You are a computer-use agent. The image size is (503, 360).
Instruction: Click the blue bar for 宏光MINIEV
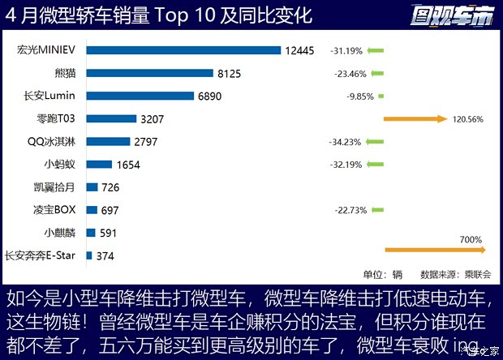pyautogui.click(x=183, y=50)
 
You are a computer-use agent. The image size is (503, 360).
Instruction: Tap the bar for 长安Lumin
pyautogui.click(x=139, y=96)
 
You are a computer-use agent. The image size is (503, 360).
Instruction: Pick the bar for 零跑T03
pyautogui.click(x=110, y=118)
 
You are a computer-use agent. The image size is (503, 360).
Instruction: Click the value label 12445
pyautogui.click(x=299, y=50)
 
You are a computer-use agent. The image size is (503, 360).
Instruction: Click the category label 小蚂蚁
pyautogui.click(x=60, y=165)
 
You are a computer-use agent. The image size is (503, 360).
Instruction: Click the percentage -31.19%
pyautogui.click(x=346, y=50)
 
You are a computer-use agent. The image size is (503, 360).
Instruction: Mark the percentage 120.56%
pyautogui.click(x=467, y=119)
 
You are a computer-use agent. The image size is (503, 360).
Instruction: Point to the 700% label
pyautogui.click(x=471, y=240)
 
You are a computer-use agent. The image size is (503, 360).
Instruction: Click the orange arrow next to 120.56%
pyautogui.click(x=415, y=119)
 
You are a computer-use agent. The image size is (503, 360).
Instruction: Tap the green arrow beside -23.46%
pyautogui.click(x=375, y=73)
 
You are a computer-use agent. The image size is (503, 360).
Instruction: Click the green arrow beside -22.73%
pyautogui.click(x=375, y=211)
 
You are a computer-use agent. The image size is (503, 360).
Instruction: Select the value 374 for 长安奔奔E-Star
pyautogui.click(x=105, y=256)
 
